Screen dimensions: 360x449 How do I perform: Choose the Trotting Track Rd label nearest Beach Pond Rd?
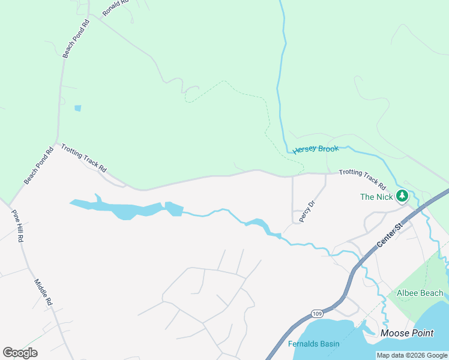click(x=83, y=160)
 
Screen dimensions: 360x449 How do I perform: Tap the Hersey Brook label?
click(x=316, y=149)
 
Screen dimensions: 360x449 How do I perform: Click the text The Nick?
click(x=376, y=197)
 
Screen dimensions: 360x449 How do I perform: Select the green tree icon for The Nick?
click(x=402, y=196)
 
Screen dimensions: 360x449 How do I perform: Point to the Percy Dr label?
click(x=307, y=212)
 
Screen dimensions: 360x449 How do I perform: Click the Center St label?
click(x=389, y=235)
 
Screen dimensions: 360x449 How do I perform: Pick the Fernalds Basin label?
click(x=313, y=344)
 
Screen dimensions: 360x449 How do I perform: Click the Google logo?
click(x=20, y=353)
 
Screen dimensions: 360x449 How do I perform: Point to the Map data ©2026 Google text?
click(x=412, y=355)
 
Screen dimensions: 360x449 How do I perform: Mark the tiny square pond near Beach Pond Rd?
click(x=77, y=109)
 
